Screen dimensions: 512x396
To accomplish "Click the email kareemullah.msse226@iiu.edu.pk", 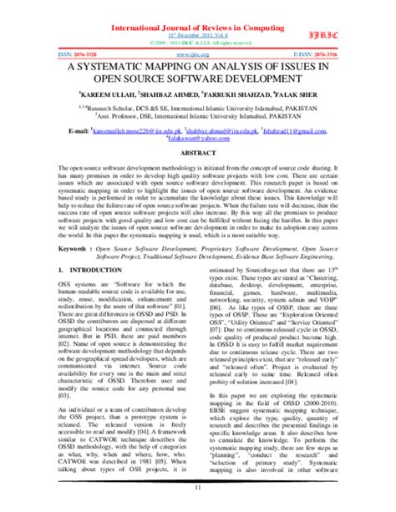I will point(135,132).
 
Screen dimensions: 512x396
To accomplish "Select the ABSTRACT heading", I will point(198,154).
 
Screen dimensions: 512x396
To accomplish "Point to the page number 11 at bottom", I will point(198,487).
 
